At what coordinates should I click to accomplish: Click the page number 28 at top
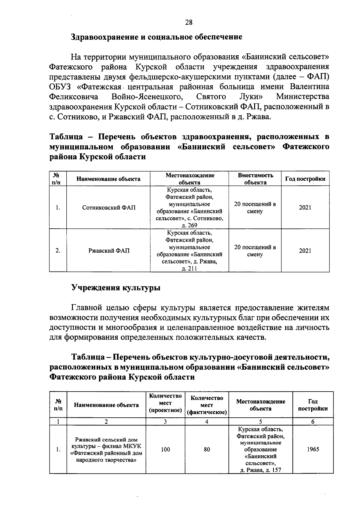(189, 23)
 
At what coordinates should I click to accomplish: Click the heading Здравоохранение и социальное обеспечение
(156, 37)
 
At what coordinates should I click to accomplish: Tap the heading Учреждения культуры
(115, 288)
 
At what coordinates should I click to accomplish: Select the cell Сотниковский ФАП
(109, 208)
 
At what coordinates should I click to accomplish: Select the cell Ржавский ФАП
(109, 251)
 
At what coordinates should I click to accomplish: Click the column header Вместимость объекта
(255, 179)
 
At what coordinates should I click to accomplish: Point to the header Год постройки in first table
(305, 179)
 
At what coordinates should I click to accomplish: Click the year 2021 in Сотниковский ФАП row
(305, 208)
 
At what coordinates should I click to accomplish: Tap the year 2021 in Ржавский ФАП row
(305, 251)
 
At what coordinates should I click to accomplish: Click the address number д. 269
(189, 225)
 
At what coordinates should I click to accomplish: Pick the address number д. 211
(189, 269)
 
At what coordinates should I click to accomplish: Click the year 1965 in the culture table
(313, 449)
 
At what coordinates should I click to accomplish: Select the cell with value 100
(165, 449)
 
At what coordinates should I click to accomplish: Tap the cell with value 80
(207, 449)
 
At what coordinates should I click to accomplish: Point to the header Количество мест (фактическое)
(207, 405)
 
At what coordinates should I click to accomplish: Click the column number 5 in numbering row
(260, 422)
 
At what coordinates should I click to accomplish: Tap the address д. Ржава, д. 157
(260, 470)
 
